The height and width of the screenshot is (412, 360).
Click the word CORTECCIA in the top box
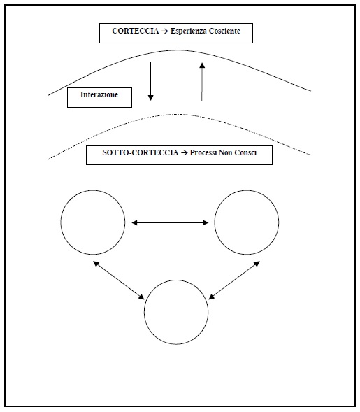coord(136,31)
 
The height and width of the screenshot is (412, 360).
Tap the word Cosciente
coord(224,31)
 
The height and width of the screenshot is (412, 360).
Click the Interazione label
coord(99,94)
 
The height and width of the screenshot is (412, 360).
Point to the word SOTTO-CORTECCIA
coord(141,152)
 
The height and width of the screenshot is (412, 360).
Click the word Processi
coord(203,152)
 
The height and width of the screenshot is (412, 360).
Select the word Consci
coord(245,152)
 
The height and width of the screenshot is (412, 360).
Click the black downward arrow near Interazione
coord(150,81)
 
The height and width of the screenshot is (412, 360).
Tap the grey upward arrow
coord(201,81)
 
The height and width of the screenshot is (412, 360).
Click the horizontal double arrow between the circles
coord(170,223)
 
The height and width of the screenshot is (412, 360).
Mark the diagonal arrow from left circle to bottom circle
coord(119,280)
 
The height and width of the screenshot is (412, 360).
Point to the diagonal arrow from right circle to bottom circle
coord(234,280)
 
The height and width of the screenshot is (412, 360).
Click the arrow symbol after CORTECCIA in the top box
coord(165,31)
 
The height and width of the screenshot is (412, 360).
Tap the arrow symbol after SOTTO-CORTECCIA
coord(184,153)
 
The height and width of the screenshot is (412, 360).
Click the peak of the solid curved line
coord(178,50)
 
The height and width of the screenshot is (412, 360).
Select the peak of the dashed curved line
coord(180,114)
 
